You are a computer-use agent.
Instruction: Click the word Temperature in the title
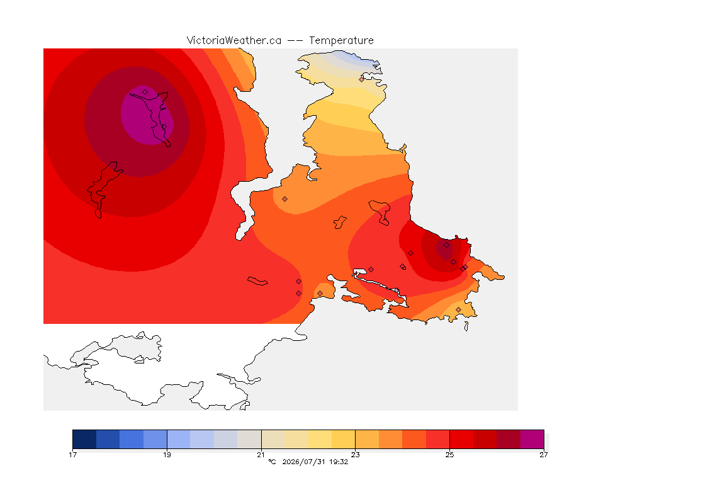[x=341, y=41]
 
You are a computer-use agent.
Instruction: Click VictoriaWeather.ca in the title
[x=234, y=41]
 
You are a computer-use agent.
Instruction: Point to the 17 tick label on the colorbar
[x=72, y=455]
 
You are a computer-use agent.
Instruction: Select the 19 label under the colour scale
[x=167, y=455]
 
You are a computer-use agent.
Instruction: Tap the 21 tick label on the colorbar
[x=261, y=455]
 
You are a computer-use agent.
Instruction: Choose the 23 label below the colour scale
[x=355, y=455]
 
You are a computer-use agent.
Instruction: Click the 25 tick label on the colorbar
[x=449, y=455]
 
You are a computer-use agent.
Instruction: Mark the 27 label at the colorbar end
[x=544, y=455]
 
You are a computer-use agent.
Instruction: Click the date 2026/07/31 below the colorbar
[x=304, y=462]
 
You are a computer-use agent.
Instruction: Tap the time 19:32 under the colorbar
[x=339, y=462]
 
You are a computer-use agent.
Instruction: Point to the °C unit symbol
[x=272, y=462]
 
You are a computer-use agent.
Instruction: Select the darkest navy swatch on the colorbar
[x=84, y=439]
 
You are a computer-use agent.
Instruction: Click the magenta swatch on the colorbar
[x=532, y=439]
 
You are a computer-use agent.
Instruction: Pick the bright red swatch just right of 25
[x=461, y=439]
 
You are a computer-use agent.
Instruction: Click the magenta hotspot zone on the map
[x=147, y=114]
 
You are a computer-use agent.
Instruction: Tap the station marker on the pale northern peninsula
[x=362, y=79]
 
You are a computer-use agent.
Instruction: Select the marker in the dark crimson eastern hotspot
[x=446, y=245]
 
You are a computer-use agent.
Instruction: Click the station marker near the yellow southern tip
[x=458, y=309]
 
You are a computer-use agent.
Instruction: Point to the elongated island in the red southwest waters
[x=257, y=281]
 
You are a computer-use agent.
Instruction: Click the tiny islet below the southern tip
[x=466, y=326]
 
